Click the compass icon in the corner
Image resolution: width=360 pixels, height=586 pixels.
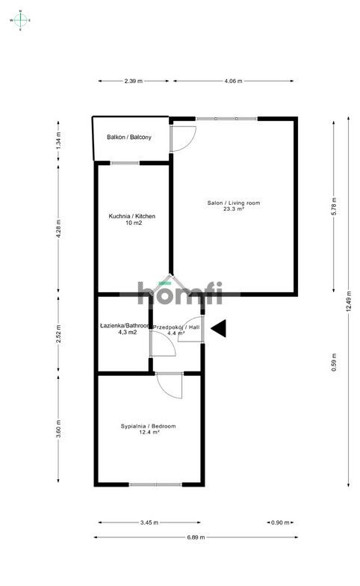pyautogui.click(x=21, y=20)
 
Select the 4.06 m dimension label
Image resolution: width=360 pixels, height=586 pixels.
pyautogui.click(x=233, y=81)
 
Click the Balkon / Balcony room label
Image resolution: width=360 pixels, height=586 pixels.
pyautogui.click(x=129, y=138)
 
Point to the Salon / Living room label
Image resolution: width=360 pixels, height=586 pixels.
pyautogui.click(x=234, y=203)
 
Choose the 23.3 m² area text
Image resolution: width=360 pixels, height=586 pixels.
pyautogui.click(x=234, y=210)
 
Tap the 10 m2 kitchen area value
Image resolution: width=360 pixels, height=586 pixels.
pyautogui.click(x=132, y=223)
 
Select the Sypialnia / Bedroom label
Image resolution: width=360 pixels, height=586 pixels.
pyautogui.click(x=148, y=426)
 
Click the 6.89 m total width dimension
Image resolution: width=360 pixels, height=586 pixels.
pyautogui.click(x=195, y=537)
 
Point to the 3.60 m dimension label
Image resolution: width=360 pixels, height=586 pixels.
pyautogui.click(x=58, y=430)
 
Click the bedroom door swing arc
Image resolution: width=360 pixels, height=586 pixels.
pyautogui.click(x=170, y=386)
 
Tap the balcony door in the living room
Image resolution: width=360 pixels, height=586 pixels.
pyautogui.click(x=183, y=137)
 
